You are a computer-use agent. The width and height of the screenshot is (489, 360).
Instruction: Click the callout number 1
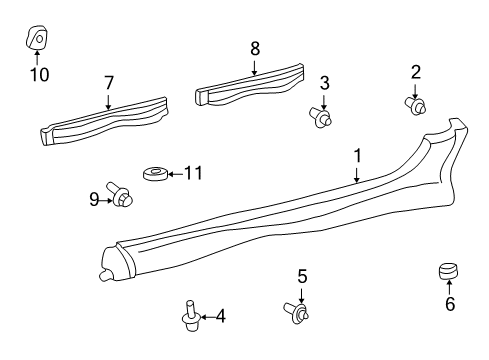pos(356,156)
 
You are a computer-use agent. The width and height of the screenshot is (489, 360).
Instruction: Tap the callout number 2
pos(415,71)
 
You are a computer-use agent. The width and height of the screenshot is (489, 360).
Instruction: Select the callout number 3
pos(324,83)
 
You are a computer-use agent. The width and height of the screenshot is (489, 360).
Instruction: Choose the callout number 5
pos(300,276)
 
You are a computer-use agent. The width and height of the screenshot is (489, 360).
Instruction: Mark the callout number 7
pos(109,84)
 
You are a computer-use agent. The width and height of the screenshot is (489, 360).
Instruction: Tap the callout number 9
pos(93,200)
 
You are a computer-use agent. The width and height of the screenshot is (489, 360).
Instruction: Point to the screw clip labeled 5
pos(299,313)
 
